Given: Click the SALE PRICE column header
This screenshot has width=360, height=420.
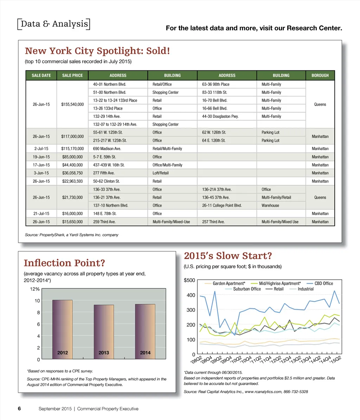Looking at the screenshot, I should click(x=72, y=75).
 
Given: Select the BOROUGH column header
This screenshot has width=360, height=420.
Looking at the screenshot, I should click(x=320, y=75).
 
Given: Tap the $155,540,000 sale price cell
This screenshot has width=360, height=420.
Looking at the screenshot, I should click(x=72, y=104).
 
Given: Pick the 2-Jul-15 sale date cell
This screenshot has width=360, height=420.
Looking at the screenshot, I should click(x=41, y=149).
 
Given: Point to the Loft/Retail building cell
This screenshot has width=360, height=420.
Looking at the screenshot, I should click(x=161, y=173).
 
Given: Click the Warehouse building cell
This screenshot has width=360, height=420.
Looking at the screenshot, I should click(x=270, y=205).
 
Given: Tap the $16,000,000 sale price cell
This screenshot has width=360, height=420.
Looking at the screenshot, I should click(x=72, y=213).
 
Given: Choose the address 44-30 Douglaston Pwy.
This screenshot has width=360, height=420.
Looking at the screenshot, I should click(x=220, y=116).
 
